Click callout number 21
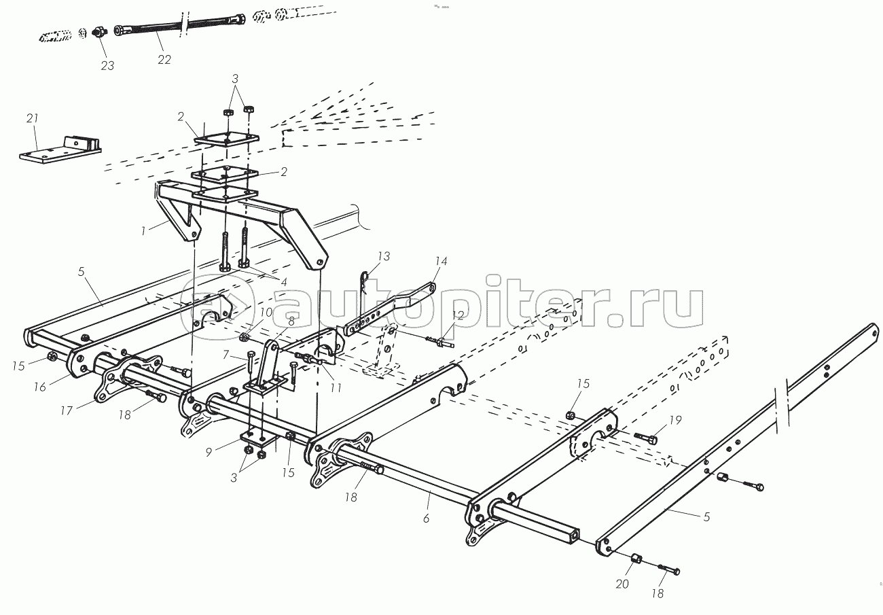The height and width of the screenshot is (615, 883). pyautogui.click(x=31, y=118)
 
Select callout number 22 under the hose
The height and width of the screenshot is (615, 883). pyautogui.click(x=164, y=59)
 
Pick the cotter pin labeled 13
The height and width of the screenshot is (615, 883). pyautogui.click(x=365, y=278)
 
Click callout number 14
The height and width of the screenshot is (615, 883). pyautogui.click(x=441, y=260)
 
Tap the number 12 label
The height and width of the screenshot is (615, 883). pyautogui.click(x=458, y=315)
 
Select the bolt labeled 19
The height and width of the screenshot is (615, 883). pyautogui.click(x=645, y=438)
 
